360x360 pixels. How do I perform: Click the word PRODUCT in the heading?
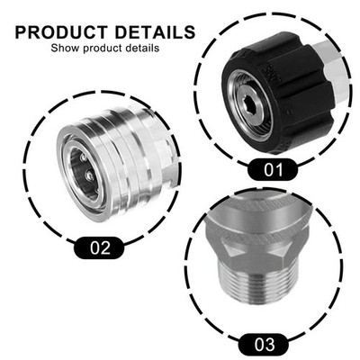click(x=62, y=32)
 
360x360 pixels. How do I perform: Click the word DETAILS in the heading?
click(x=155, y=32)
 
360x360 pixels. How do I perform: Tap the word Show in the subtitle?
click(x=65, y=48)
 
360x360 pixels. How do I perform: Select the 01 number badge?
click(x=273, y=170)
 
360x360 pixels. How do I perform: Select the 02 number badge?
click(x=99, y=247)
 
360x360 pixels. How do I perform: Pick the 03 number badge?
click(x=264, y=344)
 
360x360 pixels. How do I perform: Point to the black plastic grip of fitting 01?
click(x=281, y=90)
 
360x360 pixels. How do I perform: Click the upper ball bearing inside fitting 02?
click(x=84, y=157)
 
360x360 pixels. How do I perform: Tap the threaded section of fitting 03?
click(x=254, y=285)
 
